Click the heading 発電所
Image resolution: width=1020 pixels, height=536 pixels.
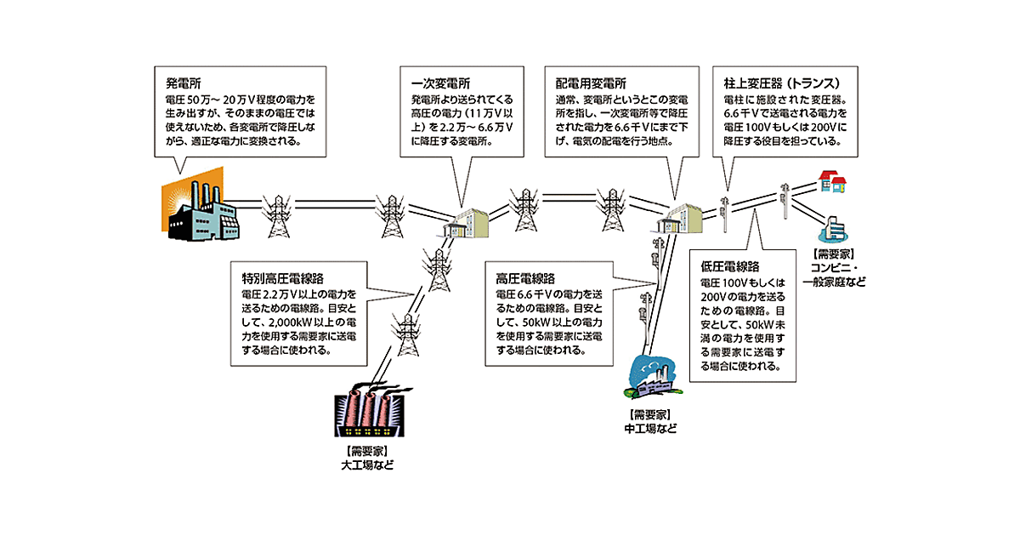pyautogui.click(x=183, y=85)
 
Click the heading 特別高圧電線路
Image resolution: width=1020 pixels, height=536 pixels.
pyautogui.click(x=276, y=279)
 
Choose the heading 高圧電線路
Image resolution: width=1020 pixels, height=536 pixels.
pyautogui.click(x=524, y=279)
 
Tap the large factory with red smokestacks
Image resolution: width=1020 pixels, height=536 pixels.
pyautogui.click(x=365, y=412)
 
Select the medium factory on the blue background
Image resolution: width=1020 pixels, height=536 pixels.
pyautogui.click(x=651, y=377)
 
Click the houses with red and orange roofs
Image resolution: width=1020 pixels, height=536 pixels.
pyautogui.click(x=831, y=180)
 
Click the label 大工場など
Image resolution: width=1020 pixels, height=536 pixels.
pyautogui.click(x=367, y=465)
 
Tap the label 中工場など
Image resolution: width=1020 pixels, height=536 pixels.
pyautogui.click(x=651, y=429)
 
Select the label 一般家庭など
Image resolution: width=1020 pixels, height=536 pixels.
pyautogui.click(x=834, y=282)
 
